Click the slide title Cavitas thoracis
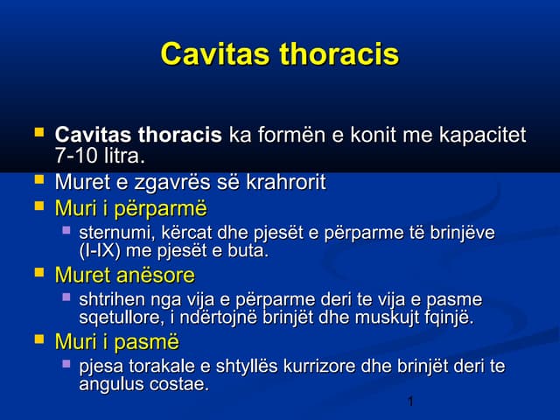pyautogui.click(x=280, y=54)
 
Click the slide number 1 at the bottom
pyautogui.click(x=410, y=402)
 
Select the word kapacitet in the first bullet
pyautogui.click(x=482, y=135)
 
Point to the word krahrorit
pyautogui.click(x=286, y=182)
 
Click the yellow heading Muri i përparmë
pyautogui.click(x=131, y=208)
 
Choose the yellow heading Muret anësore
pyautogui.click(x=125, y=275)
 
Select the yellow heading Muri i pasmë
pyautogui.click(x=117, y=342)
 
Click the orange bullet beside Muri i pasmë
pyautogui.click(x=39, y=338)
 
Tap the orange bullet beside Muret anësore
pyautogui.click(x=39, y=271)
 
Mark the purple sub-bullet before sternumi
pyautogui.click(x=66, y=230)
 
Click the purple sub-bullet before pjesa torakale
pyautogui.click(x=66, y=364)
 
